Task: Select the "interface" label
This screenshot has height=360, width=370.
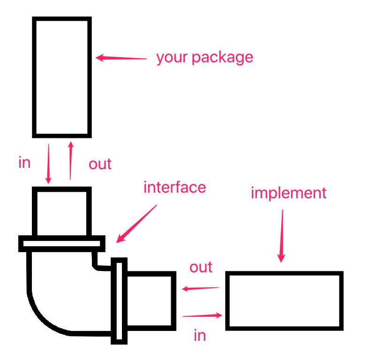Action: click(x=174, y=187)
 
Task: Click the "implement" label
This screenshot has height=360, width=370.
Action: click(x=288, y=193)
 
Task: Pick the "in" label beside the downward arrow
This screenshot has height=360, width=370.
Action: click(x=24, y=163)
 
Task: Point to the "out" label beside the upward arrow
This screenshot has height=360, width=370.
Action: click(x=100, y=164)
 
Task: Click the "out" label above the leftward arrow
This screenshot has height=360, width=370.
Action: click(x=201, y=267)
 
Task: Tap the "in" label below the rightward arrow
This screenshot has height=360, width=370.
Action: click(x=199, y=336)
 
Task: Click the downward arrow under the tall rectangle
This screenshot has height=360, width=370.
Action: click(x=48, y=164)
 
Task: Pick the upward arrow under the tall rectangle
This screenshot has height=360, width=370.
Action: click(x=71, y=160)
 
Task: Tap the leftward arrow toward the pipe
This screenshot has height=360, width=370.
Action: click(x=200, y=288)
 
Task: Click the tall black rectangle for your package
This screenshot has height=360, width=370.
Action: click(x=61, y=77)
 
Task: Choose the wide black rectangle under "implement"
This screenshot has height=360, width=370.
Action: click(x=285, y=300)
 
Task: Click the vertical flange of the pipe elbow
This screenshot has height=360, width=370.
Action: click(x=119, y=300)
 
